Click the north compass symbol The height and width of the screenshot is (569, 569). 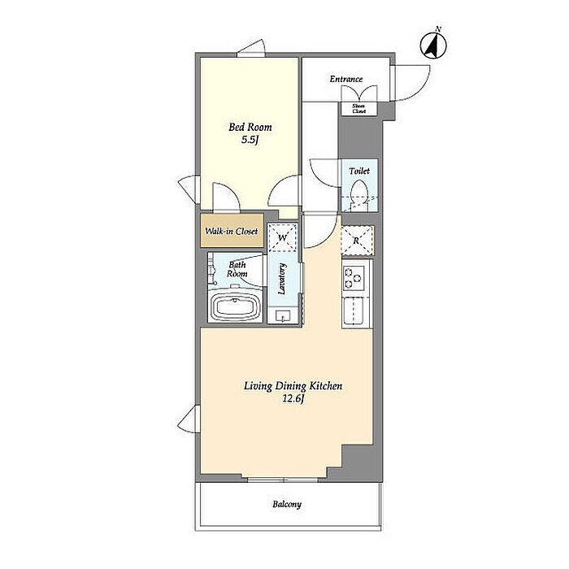(x=433, y=44)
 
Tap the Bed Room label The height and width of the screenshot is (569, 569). (x=250, y=127)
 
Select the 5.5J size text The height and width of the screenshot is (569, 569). (x=250, y=140)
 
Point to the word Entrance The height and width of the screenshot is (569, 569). (x=346, y=79)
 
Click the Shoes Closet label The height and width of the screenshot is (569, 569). (x=359, y=108)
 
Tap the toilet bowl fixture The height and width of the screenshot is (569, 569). (x=359, y=195)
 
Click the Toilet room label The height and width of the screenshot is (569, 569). (x=359, y=171)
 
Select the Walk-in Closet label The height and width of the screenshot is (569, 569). (x=232, y=231)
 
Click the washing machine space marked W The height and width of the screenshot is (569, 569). (x=282, y=237)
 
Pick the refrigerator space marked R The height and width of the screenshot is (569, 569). (x=358, y=241)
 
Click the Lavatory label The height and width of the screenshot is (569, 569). (x=282, y=278)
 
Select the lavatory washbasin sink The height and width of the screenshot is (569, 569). (x=283, y=316)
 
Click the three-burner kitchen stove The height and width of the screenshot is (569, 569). (x=354, y=278)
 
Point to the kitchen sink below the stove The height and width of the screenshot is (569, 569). (x=353, y=311)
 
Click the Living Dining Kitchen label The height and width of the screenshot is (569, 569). (x=293, y=386)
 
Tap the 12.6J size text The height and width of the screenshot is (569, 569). (x=293, y=399)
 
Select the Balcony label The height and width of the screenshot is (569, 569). (x=287, y=505)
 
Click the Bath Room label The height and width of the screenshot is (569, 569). (x=237, y=269)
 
